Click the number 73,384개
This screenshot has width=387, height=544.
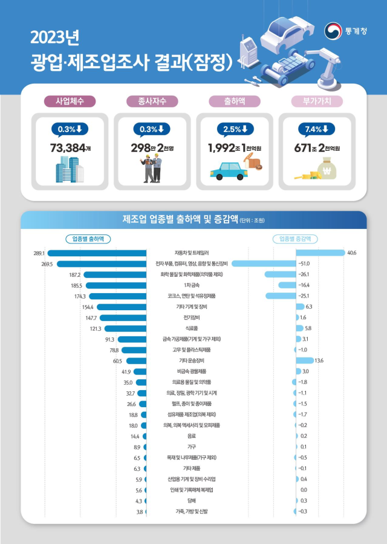pos(68,147)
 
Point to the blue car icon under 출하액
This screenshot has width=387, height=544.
pos(229,171)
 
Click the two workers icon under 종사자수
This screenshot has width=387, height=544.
pos(152,169)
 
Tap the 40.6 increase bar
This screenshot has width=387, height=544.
pos(320,253)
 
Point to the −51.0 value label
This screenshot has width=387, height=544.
pos(304,264)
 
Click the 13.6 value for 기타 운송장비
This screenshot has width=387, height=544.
pos(319,360)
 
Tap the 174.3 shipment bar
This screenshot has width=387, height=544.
pos(119,296)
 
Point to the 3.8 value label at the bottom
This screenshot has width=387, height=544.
pos(139,512)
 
